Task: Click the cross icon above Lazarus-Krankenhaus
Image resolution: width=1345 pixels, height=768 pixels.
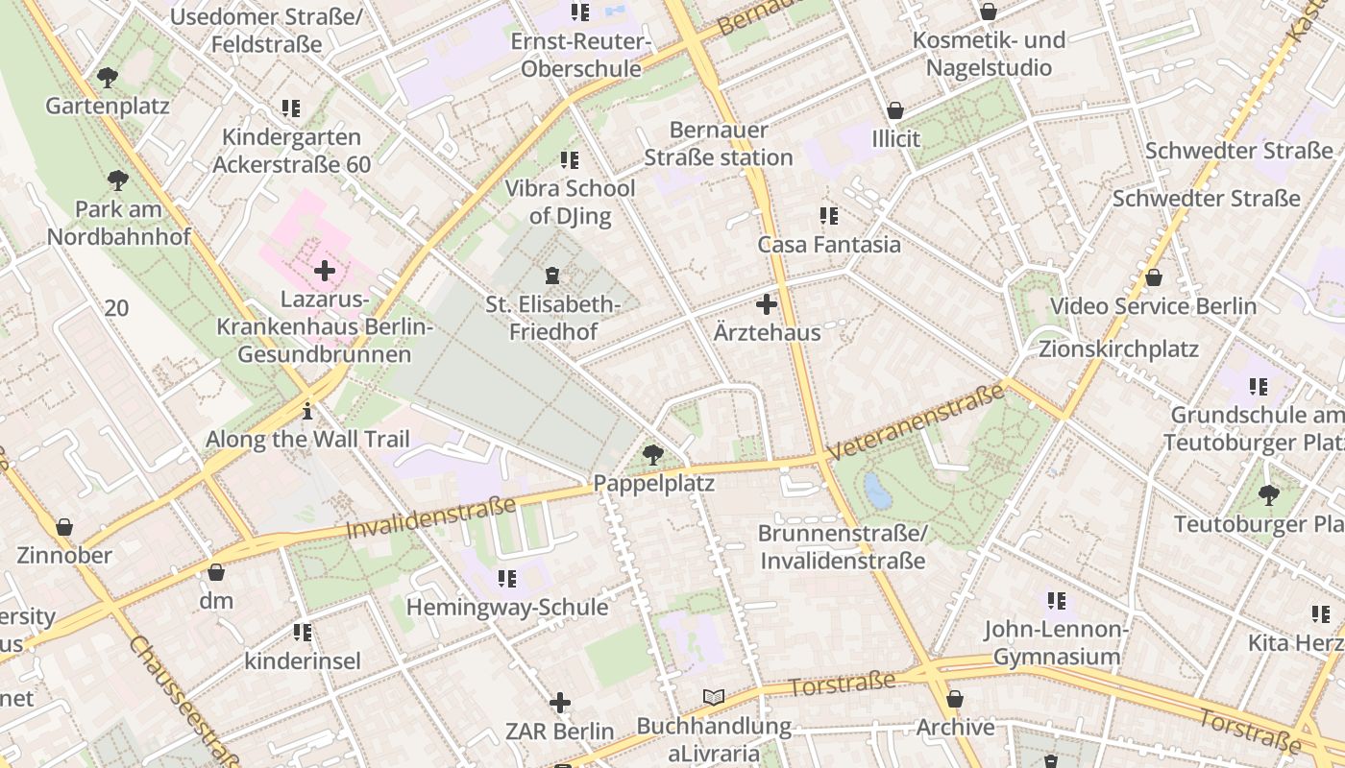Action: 325,271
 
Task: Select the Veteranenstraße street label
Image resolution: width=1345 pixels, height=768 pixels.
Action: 917,421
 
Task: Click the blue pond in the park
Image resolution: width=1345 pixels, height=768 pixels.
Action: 877,491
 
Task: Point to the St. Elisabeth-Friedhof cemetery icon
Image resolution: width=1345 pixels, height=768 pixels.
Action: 552,276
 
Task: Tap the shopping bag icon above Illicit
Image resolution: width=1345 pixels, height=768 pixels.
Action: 895,110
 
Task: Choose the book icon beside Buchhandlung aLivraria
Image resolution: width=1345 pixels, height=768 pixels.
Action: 713,697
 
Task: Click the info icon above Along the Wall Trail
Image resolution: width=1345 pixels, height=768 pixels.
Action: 307,411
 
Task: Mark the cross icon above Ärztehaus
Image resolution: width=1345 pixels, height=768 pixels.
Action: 767,304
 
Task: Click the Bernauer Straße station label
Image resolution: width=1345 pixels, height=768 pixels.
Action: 719,144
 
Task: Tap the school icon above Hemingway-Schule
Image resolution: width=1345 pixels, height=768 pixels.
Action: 506,579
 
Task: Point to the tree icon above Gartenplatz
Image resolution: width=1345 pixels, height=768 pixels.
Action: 108,77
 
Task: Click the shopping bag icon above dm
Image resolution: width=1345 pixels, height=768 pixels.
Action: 216,573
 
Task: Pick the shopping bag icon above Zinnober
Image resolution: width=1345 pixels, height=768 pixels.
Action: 64,527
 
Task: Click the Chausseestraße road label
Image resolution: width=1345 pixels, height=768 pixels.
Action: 182,701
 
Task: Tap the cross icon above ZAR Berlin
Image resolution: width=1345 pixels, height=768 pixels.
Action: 560,703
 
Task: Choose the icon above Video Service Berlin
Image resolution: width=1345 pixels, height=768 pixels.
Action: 1153,277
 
